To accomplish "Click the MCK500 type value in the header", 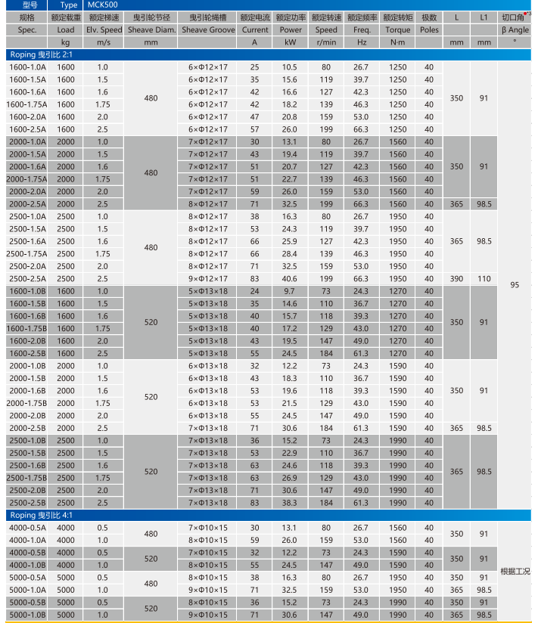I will [x=103, y=5].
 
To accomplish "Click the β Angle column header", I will [x=515, y=29].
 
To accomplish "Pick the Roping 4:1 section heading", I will [x=41, y=515].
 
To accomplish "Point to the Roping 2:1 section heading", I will [x=41, y=55].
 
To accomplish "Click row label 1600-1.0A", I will [x=27, y=67].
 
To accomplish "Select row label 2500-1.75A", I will [x=27, y=254].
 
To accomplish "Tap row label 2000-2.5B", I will [x=27, y=428].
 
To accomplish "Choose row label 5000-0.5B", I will [x=27, y=603].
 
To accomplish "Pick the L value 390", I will [x=456, y=279].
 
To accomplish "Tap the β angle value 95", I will [x=515, y=286].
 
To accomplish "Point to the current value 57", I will [x=254, y=129].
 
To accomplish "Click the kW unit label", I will [x=291, y=42].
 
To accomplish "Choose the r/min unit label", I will [x=326, y=42].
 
